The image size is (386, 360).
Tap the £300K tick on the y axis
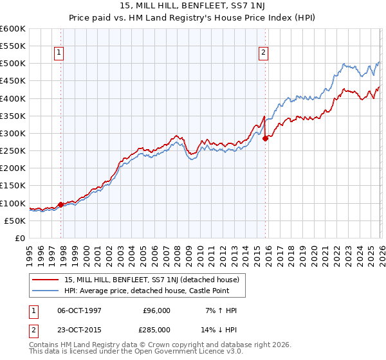click(x=13, y=133)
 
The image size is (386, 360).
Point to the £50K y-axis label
click(x=15, y=221)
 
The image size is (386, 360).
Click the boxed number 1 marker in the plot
click(x=59, y=53)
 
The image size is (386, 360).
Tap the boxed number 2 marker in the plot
click(x=264, y=53)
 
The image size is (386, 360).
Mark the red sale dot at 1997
click(x=61, y=204)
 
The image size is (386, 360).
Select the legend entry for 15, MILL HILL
click(x=151, y=280)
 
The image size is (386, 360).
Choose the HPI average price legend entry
click(x=146, y=291)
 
